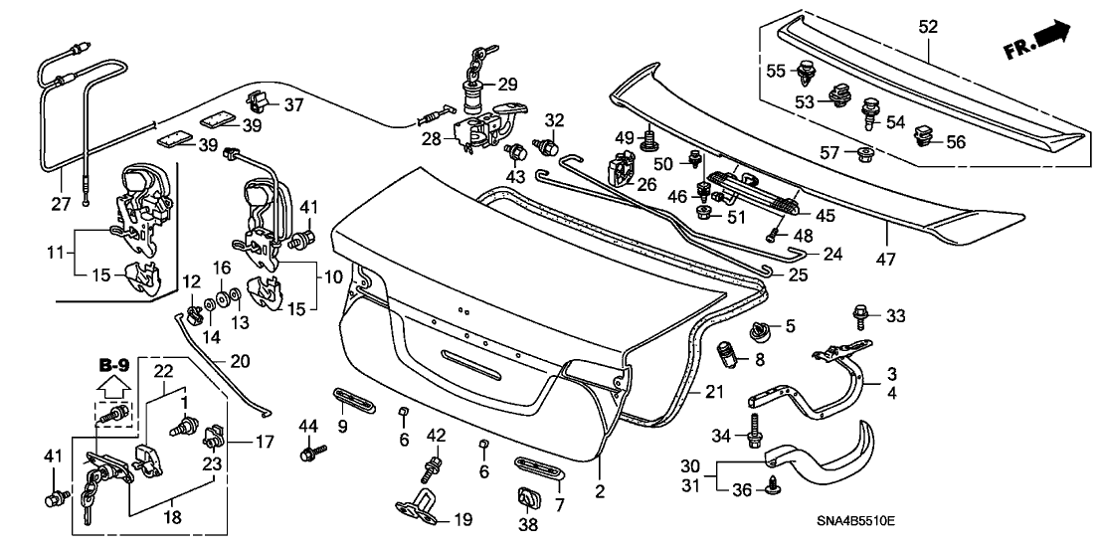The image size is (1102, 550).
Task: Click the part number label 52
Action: [927, 28]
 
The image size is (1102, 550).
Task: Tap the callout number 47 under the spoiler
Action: [886, 260]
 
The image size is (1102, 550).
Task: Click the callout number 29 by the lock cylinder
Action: [507, 84]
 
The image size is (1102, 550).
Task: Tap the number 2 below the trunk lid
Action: [600, 491]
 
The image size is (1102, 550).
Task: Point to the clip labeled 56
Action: [925, 134]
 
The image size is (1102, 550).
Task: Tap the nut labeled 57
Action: [863, 154]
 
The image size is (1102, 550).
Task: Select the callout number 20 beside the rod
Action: [241, 361]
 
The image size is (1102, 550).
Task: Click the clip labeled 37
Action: [259, 98]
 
